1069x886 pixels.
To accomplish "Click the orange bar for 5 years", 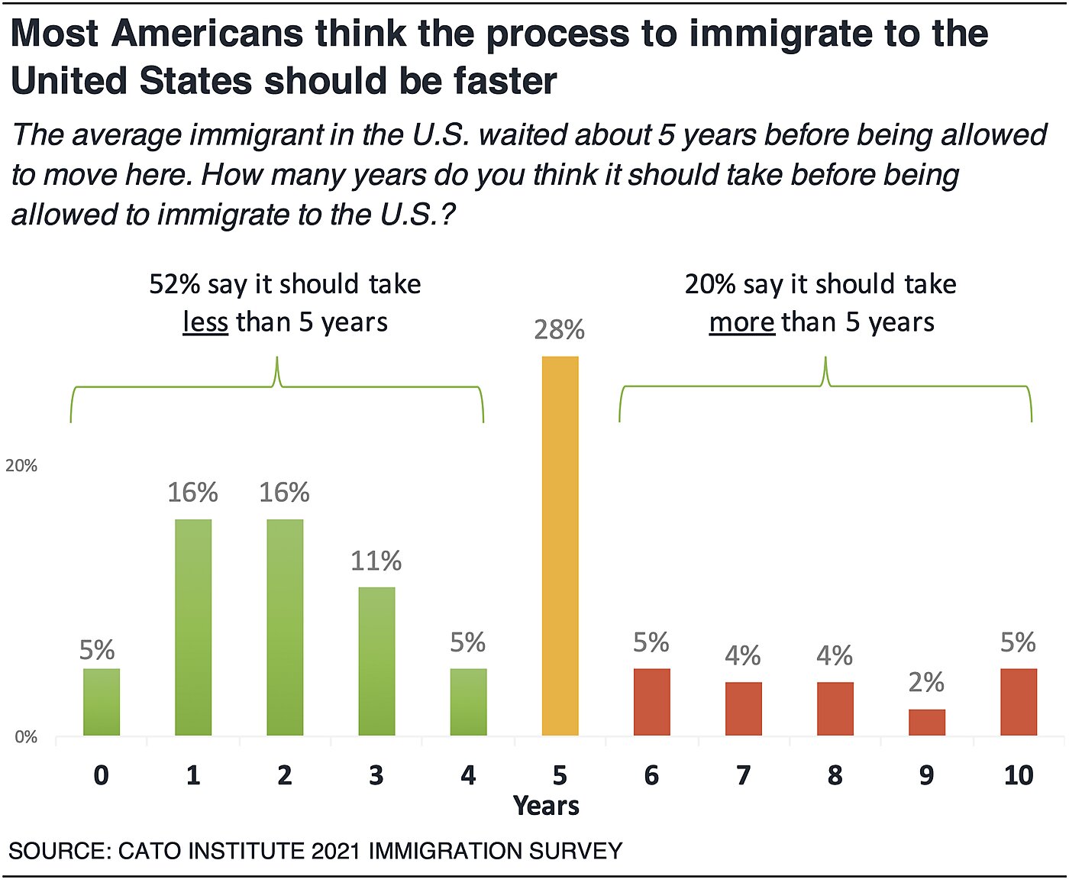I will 560,545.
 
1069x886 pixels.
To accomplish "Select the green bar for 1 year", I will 193,627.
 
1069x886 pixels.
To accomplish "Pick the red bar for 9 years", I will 926,722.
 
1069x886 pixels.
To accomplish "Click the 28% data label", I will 560,330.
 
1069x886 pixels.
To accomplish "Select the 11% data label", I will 376,561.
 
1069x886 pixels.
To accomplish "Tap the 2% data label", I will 926,682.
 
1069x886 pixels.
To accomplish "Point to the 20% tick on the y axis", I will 21,466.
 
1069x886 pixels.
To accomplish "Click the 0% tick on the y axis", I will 26,737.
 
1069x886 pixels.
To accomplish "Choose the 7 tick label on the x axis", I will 743,775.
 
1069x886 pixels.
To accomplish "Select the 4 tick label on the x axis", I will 468,775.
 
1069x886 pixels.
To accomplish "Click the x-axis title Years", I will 546,806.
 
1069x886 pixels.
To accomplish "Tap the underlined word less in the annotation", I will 205,322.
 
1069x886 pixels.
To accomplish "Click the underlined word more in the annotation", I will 741,322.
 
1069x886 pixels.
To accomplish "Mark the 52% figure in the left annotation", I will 174,284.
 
